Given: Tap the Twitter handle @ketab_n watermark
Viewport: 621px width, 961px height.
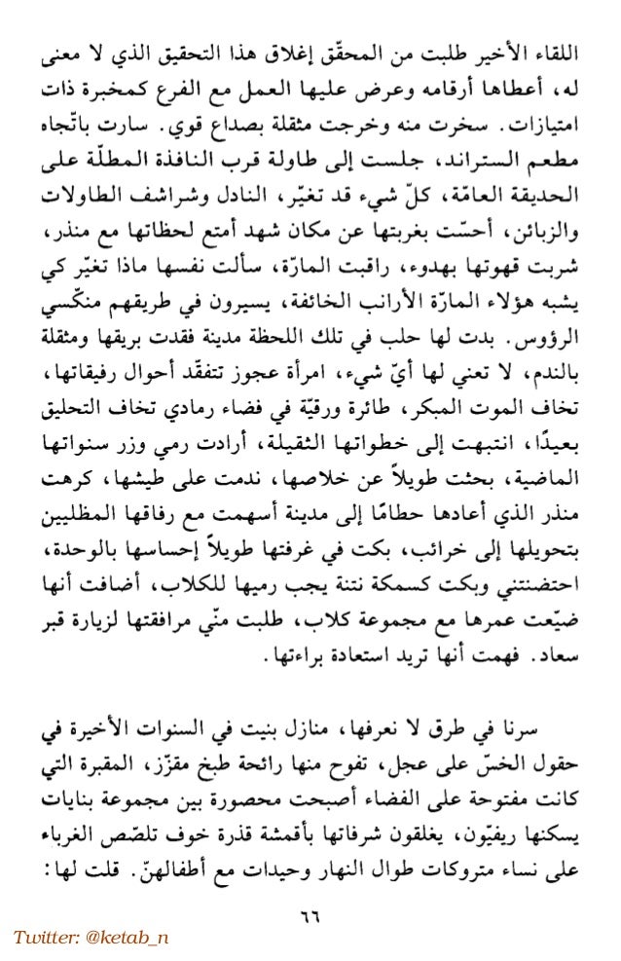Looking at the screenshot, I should point(91,937).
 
